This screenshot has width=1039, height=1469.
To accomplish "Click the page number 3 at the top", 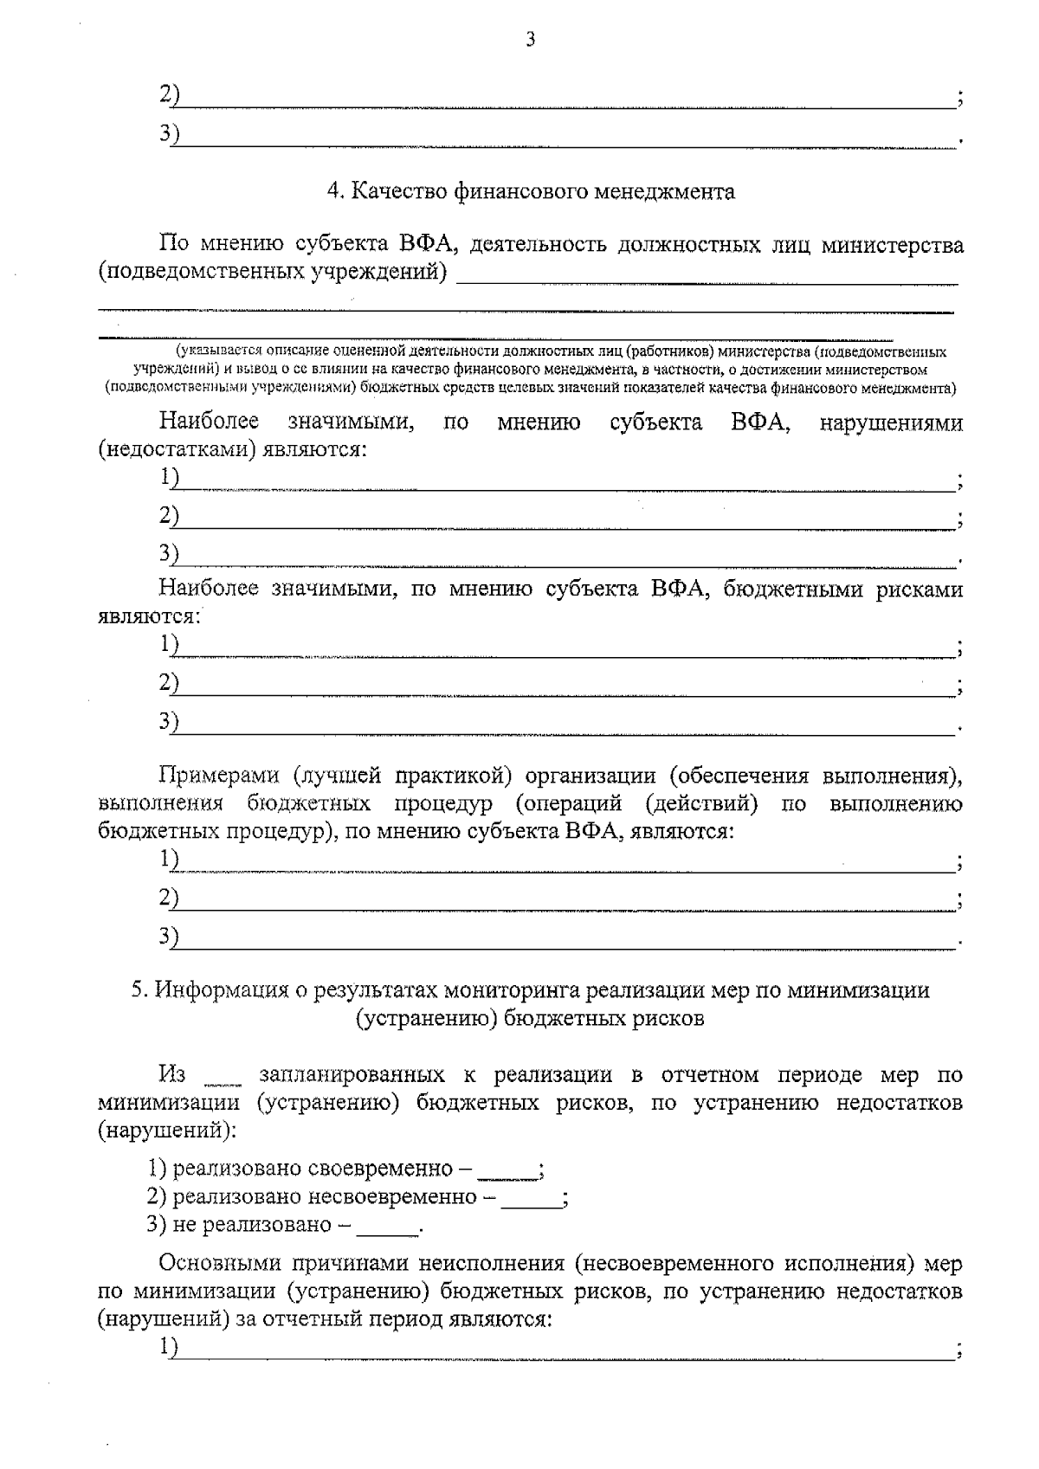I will pyautogui.click(x=531, y=38).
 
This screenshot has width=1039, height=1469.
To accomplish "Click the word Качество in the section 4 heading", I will pyautogui.click(x=397, y=191).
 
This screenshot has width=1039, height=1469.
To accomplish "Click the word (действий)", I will pyautogui.click(x=702, y=803).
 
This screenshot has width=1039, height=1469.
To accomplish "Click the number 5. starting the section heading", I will pyautogui.click(x=139, y=990).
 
